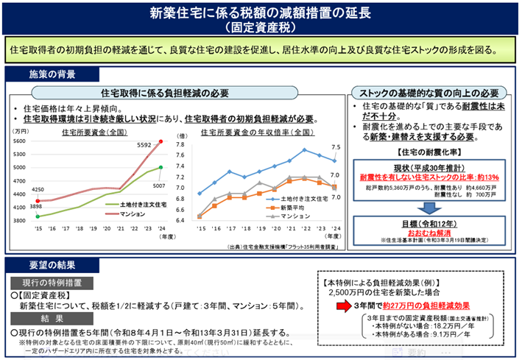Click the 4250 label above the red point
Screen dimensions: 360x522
38,189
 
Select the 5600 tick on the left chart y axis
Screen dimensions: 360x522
19,141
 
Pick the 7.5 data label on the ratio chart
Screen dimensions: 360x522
336,147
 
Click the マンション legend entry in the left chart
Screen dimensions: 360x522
136,213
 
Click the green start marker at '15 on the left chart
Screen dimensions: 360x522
38,216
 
